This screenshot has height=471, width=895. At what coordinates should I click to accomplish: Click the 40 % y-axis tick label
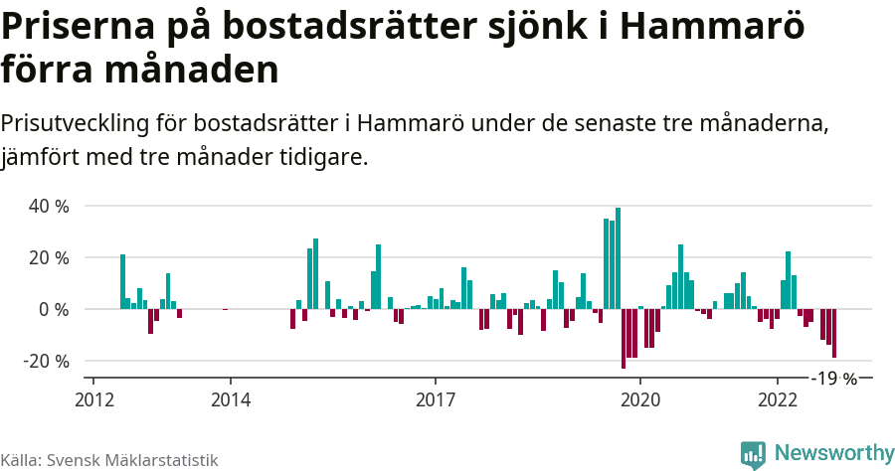[48, 207]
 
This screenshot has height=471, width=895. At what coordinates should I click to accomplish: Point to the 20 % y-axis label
[48, 258]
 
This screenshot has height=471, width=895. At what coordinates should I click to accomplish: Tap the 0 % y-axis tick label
[53, 310]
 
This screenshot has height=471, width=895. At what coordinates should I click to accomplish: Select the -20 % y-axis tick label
[46, 362]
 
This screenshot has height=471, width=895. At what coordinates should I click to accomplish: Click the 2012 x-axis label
[93, 399]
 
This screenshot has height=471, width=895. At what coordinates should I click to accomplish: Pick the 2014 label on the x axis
[230, 399]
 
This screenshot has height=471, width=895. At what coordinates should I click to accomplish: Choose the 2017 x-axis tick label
[435, 399]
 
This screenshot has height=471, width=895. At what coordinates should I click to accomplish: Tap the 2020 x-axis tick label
[639, 399]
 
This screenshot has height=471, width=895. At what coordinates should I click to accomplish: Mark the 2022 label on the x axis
[777, 399]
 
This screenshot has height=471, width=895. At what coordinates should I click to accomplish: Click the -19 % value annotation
[833, 379]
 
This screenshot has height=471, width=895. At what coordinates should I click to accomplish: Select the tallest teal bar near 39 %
[618, 258]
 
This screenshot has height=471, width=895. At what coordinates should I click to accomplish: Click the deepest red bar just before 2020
[624, 339]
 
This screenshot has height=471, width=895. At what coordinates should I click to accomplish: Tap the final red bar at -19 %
[834, 333]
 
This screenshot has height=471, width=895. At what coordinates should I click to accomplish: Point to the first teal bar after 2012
[122, 281]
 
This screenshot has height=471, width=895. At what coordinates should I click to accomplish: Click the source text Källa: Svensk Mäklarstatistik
[109, 460]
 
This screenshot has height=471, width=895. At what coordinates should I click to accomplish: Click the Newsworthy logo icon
[753, 454]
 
